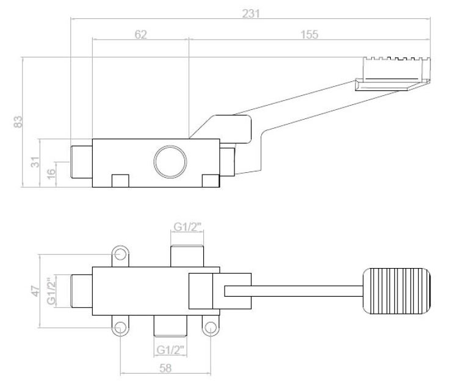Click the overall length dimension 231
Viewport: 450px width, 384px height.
pos(250,12)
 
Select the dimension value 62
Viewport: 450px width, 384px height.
pos(140,35)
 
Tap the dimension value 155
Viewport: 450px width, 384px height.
pos(310,35)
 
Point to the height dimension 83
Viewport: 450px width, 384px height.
pos(18,122)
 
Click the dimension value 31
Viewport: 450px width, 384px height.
pos(35,162)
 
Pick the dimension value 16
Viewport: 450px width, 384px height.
pos(51,174)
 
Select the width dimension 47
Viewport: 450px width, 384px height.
pos(35,290)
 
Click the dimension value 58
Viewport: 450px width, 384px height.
pos(165,368)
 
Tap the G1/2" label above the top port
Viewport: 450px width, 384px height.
pos(187,227)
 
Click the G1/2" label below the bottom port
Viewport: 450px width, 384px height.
pos(170,349)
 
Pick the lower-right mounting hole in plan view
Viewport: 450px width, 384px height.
pos(211,328)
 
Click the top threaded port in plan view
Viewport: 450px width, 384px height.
pos(187,255)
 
